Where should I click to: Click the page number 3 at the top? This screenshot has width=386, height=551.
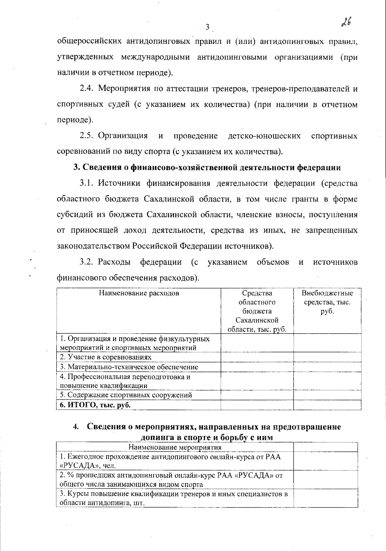tap(207, 27)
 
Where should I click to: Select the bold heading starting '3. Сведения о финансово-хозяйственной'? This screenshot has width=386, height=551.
tap(207, 167)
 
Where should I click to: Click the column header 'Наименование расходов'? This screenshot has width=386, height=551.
tap(139, 293)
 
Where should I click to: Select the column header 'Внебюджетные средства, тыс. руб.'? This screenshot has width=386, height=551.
tap(327, 302)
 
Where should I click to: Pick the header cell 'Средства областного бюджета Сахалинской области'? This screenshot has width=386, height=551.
tap(257, 311)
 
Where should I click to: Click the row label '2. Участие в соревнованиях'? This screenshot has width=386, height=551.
tap(106, 357)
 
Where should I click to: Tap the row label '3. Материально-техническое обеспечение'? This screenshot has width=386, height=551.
tap(129, 367)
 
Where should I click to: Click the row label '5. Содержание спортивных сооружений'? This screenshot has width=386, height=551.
tap(126, 395)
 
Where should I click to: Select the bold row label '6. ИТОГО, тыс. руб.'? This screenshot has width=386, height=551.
tap(95, 405)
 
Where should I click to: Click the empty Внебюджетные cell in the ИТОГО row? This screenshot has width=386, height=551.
tap(327, 405)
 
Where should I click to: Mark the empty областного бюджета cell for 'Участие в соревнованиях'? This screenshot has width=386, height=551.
tap(257, 357)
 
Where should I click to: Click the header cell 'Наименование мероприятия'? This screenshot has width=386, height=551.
tap(175, 447)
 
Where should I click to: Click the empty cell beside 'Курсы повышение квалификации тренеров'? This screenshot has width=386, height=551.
tap(326, 498)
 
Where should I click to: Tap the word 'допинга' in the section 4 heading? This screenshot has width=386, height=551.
tap(156, 438)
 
